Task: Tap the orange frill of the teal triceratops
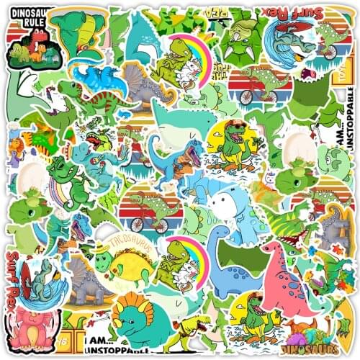pos(134,305)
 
